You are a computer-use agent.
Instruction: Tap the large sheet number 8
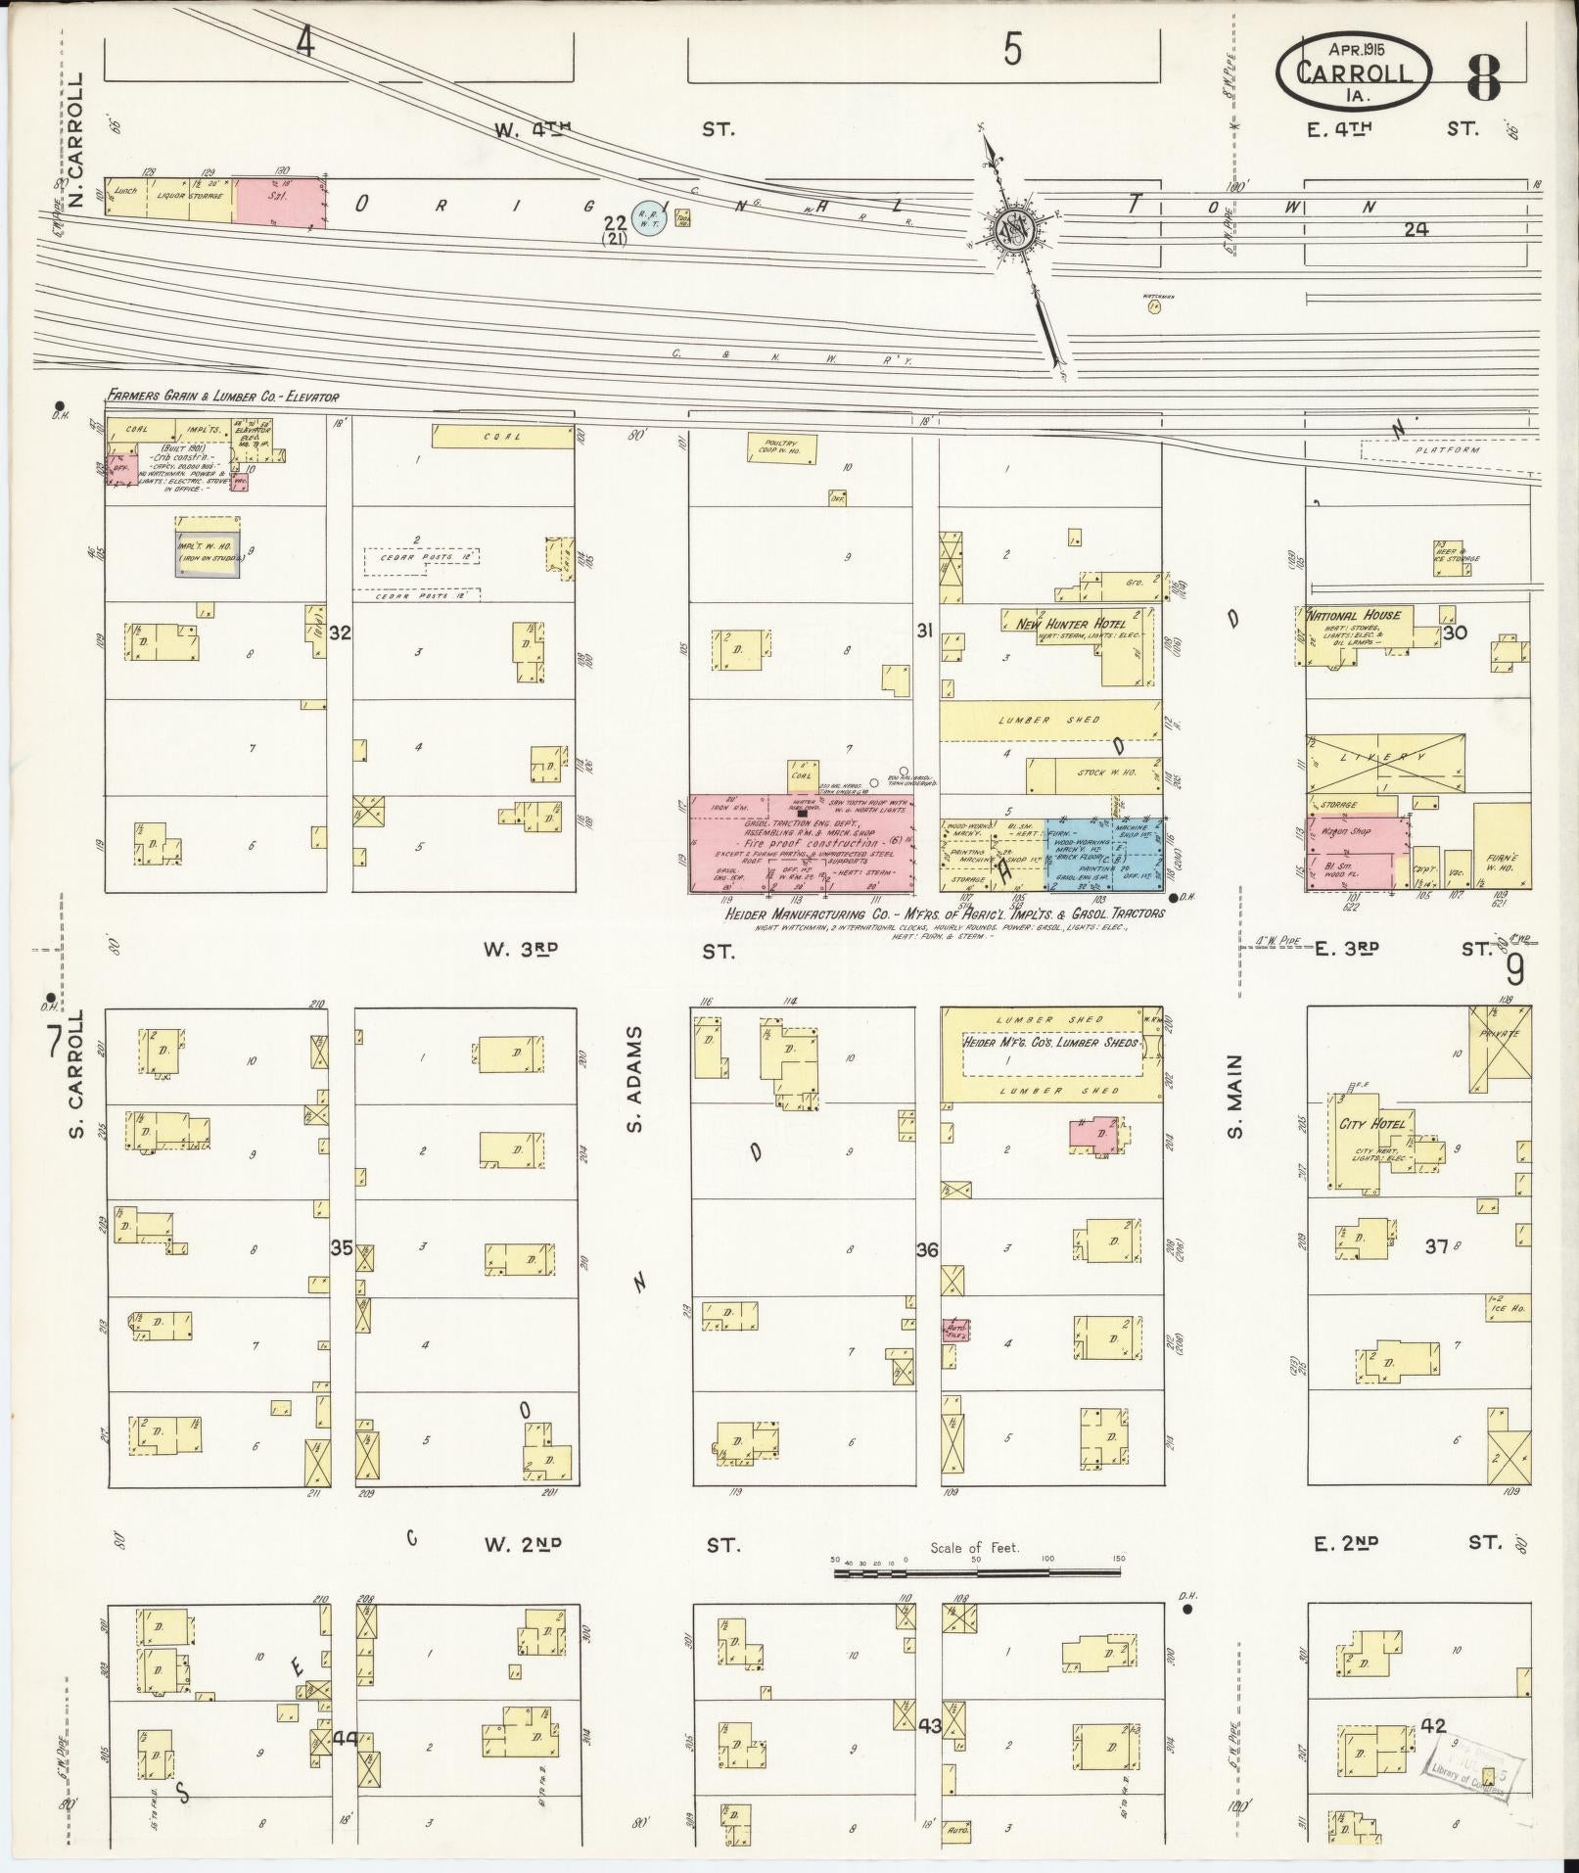[1485, 78]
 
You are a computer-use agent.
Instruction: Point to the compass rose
[1011, 231]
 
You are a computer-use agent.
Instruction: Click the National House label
[1355, 615]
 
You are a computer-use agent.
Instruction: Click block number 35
[340, 1248]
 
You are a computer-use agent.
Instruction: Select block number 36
[926, 1249]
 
